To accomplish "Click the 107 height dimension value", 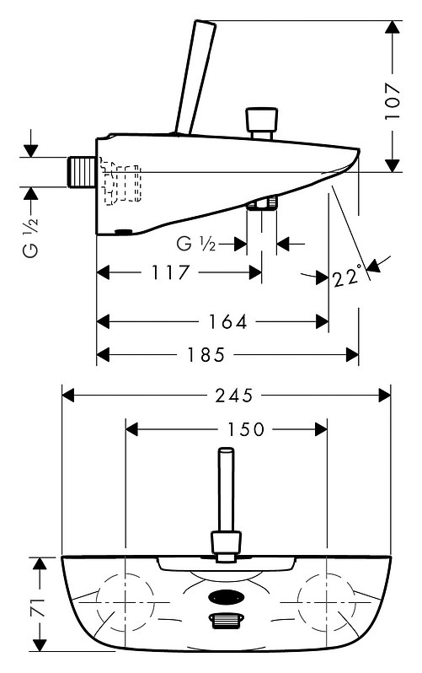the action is [x=393, y=101].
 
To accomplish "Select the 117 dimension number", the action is [x=170, y=273].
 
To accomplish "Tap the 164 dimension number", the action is [x=228, y=322].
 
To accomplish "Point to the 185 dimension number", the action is [x=206, y=355].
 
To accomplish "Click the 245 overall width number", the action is [x=235, y=396].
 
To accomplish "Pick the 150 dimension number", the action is [x=246, y=429].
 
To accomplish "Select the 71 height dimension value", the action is [x=39, y=606].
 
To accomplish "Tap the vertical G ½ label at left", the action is [x=31, y=237].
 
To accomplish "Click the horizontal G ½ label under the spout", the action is [x=196, y=245].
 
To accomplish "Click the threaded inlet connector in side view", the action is [x=82, y=172].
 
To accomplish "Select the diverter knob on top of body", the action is [x=261, y=123].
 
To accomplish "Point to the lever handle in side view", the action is [x=195, y=78].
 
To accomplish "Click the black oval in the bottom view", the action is [x=227, y=596].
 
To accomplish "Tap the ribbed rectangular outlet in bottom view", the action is [x=227, y=620].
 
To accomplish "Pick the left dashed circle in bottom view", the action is [x=125, y=602].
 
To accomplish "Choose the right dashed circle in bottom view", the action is [x=327, y=602].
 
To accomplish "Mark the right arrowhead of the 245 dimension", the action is [x=385, y=396].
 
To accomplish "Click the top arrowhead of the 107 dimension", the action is [x=393, y=28].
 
